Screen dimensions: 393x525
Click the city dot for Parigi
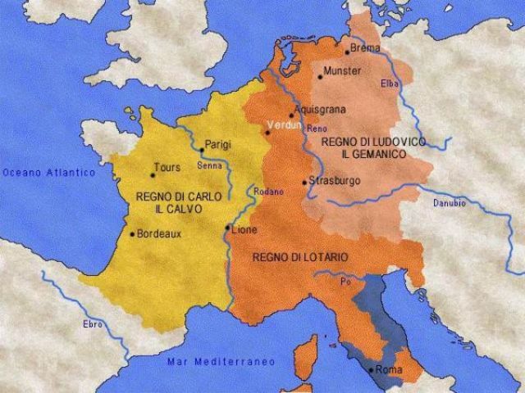(x=202, y=150)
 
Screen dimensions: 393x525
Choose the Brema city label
(x=365, y=49)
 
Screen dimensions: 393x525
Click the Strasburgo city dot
(x=304, y=182)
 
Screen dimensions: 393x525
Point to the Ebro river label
(x=94, y=324)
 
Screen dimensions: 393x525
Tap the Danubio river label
(x=449, y=201)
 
